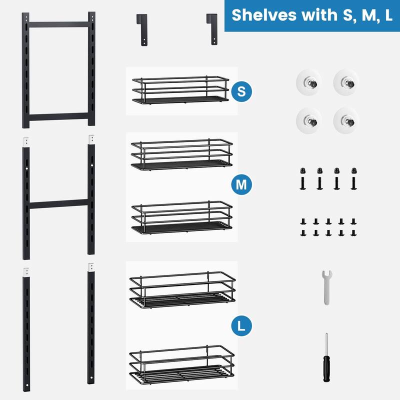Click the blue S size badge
point(241,91)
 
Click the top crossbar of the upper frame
point(58,23)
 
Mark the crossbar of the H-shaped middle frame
point(58,204)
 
